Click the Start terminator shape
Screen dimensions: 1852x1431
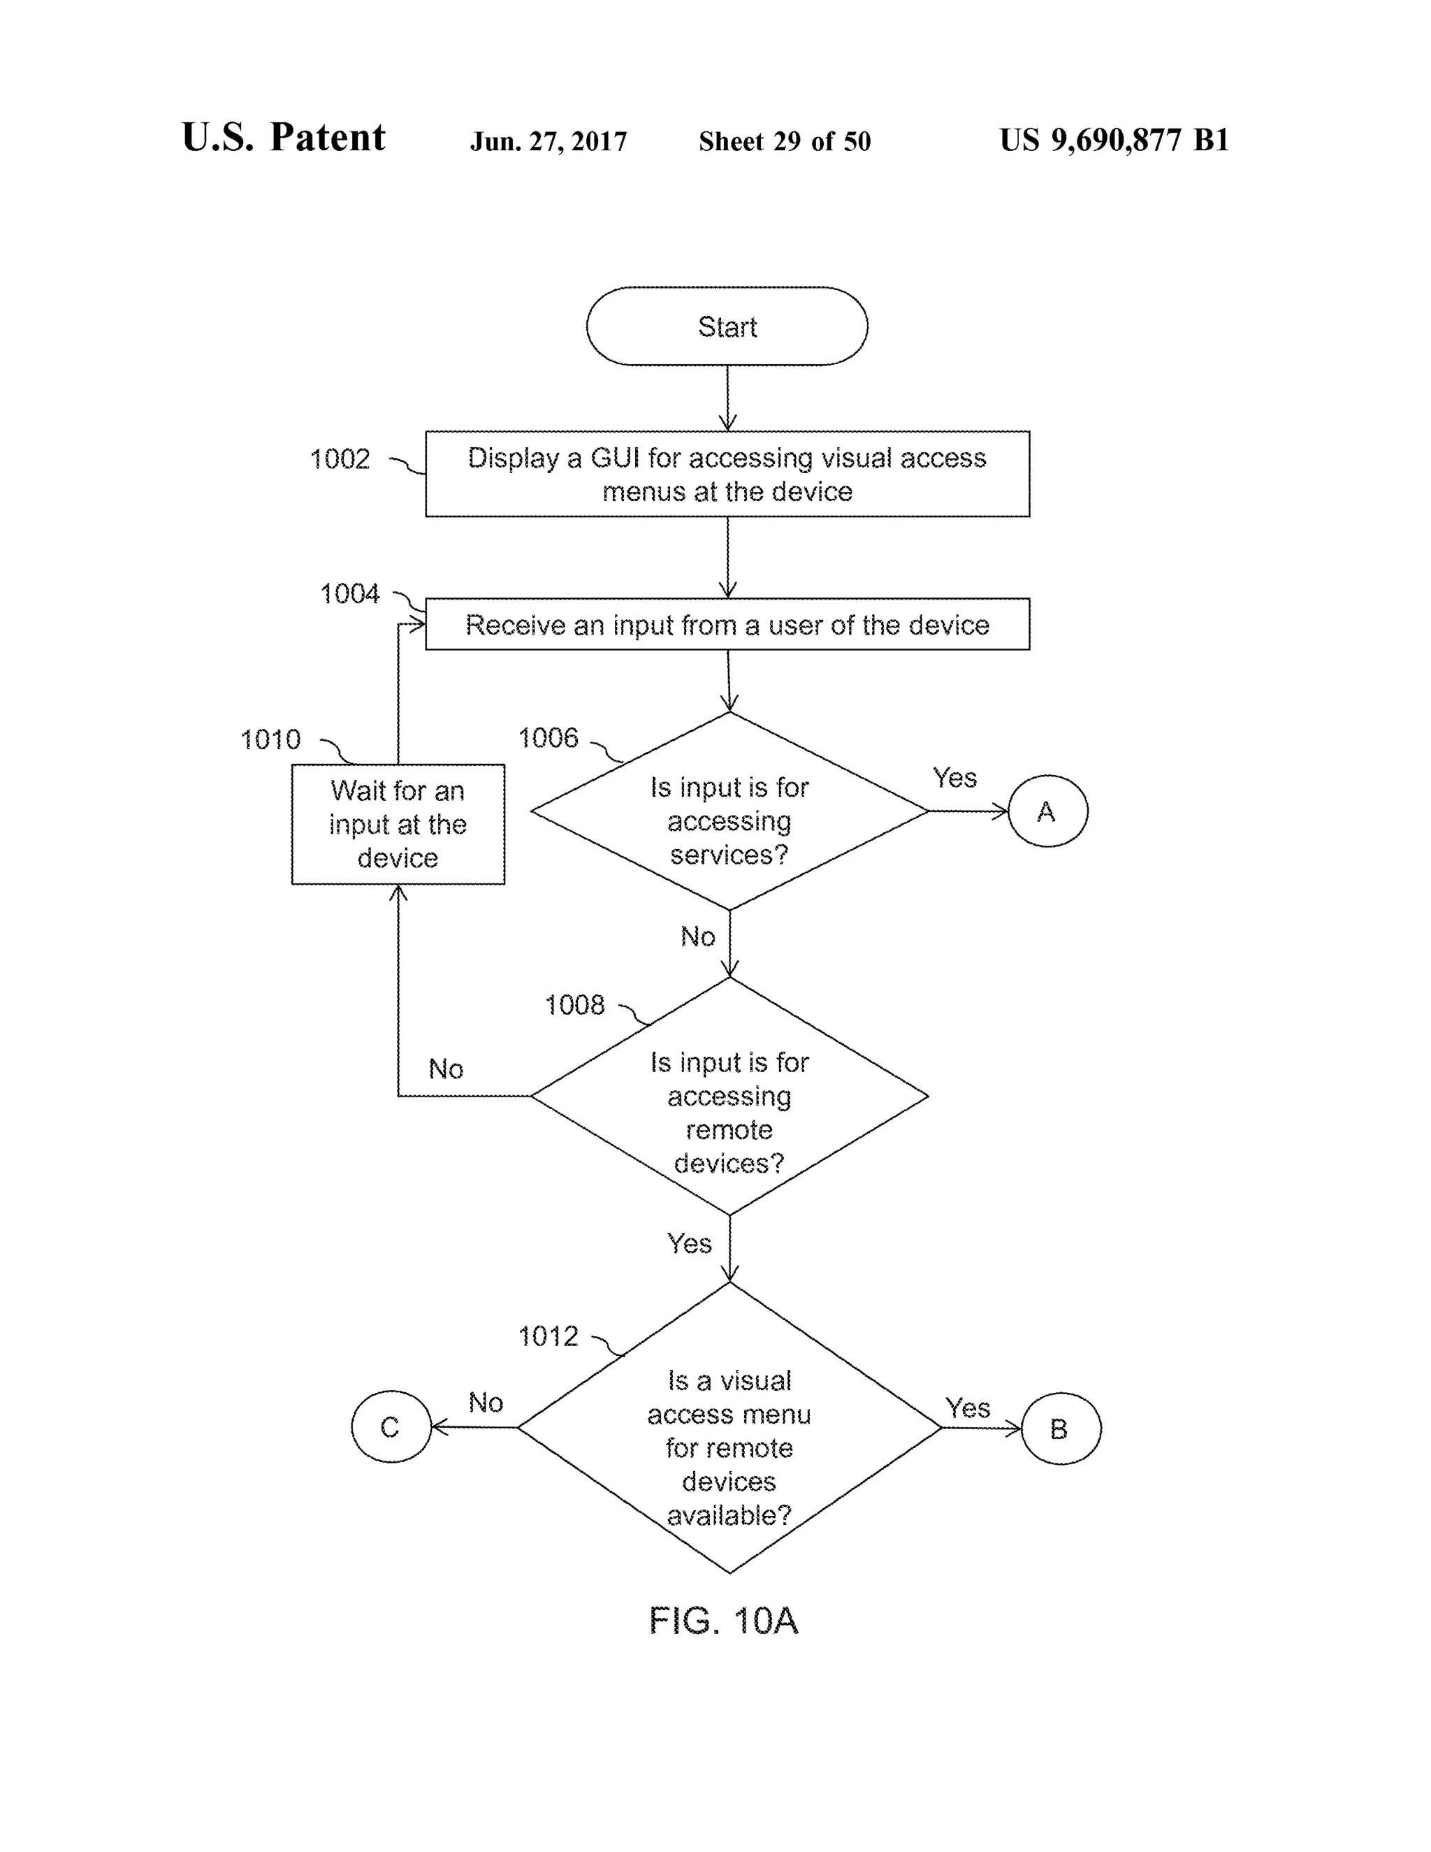coord(727,326)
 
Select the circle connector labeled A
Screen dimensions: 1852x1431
coord(1047,811)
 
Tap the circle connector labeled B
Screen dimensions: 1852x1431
coord(1060,1429)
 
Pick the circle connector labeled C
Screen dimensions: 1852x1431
coord(391,1427)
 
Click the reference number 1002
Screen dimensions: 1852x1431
coord(340,460)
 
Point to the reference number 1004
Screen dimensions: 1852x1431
coord(349,593)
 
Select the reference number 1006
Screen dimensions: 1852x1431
coord(548,738)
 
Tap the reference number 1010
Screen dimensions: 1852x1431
coord(270,739)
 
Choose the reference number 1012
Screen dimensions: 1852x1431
coord(548,1336)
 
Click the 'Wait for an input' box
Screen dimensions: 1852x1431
coord(398,824)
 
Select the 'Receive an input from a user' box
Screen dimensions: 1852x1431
coord(727,625)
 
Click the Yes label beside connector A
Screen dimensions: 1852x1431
coord(954,778)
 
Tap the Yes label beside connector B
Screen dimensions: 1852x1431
coord(967,1408)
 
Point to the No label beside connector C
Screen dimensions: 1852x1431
coord(486,1403)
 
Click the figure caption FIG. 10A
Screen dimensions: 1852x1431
coord(723,1621)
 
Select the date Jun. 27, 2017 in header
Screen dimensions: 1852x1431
coord(549,142)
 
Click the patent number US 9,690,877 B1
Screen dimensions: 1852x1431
coord(1114,140)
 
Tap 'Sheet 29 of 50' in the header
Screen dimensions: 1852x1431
coord(784,142)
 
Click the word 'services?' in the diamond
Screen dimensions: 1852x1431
coord(729,855)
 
